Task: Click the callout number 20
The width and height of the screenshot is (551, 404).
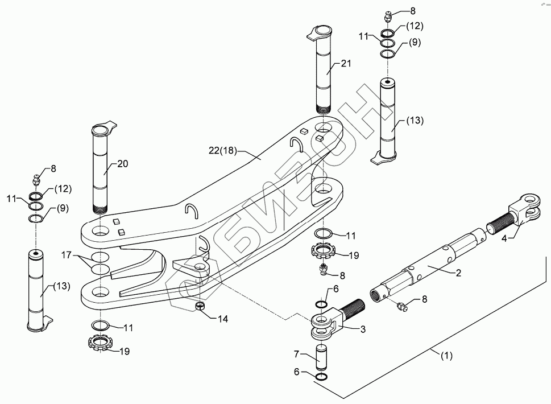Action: pyautogui.click(x=122, y=163)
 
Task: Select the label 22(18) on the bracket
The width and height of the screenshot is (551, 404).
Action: pyautogui.click(x=222, y=150)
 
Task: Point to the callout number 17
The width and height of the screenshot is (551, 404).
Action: pyautogui.click(x=67, y=255)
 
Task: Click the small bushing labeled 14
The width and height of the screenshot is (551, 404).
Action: pyautogui.click(x=200, y=307)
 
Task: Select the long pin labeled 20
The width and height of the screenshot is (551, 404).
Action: pyautogui.click(x=102, y=171)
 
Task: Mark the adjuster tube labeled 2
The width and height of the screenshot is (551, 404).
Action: pyautogui.click(x=432, y=267)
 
